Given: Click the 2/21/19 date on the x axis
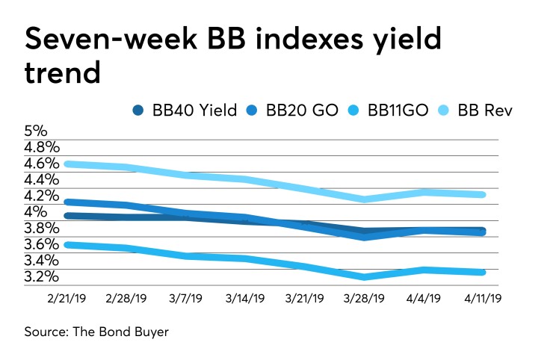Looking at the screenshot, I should pos(68,299).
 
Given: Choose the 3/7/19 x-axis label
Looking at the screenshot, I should pos(186,299).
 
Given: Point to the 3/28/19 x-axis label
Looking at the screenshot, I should pos(364,299).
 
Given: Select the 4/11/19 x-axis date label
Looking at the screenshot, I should pos(483,299).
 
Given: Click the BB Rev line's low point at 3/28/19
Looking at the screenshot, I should pos(365,199).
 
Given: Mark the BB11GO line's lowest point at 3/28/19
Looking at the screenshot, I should pos(365,277).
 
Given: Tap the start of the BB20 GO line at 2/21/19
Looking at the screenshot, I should pos(68,202).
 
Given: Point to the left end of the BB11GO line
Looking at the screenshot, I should pos(68,244).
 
